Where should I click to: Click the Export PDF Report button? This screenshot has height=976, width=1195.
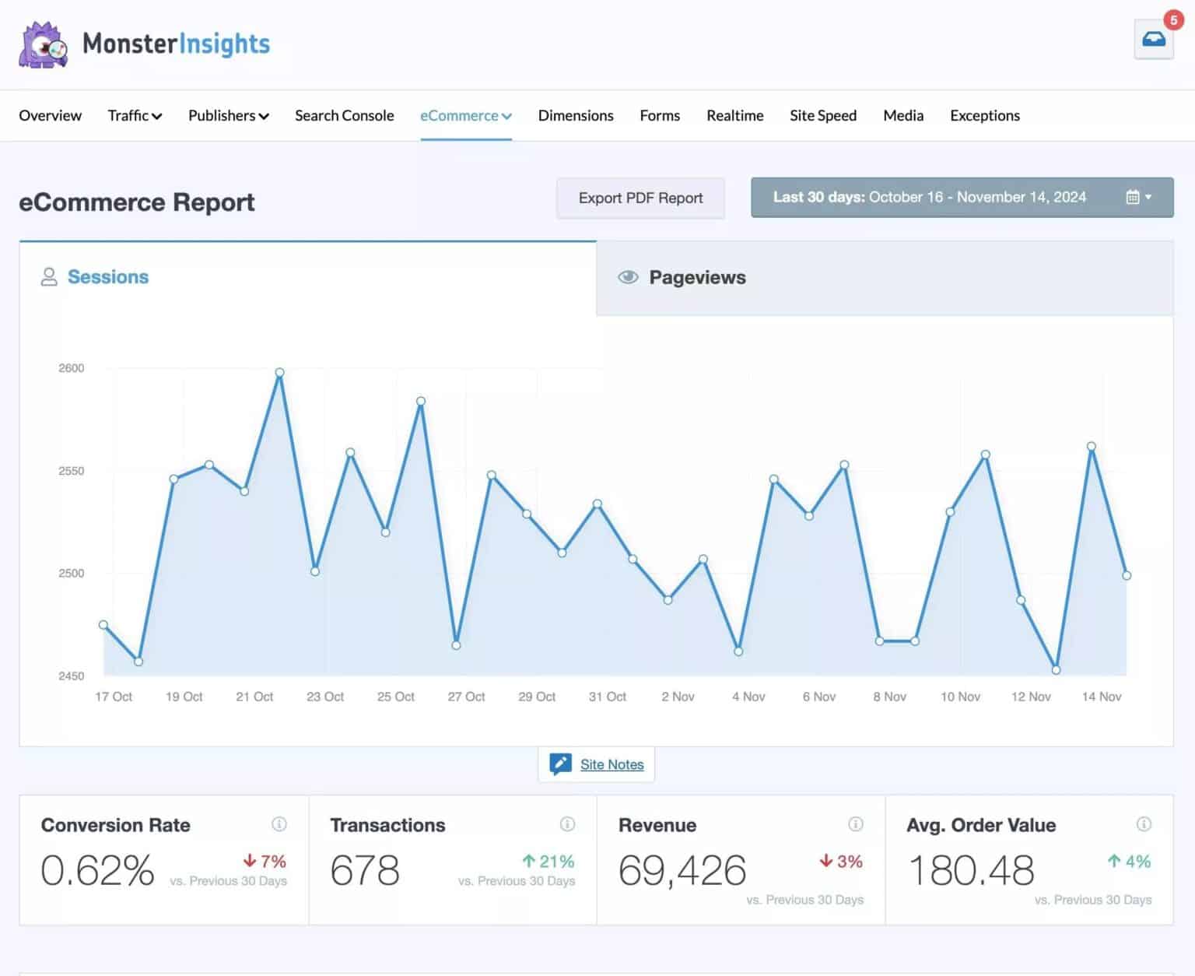(640, 198)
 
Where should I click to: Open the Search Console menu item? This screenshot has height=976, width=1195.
(344, 115)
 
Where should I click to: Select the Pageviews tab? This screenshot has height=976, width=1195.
(697, 277)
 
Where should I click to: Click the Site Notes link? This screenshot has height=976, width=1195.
(612, 764)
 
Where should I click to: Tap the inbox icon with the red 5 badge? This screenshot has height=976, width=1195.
(1153, 39)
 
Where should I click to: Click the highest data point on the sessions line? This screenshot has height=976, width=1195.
(279, 373)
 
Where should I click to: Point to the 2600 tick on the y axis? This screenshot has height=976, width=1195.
(72, 368)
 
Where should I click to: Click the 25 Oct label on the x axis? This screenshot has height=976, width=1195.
(395, 697)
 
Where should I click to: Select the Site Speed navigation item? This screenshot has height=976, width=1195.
(822, 115)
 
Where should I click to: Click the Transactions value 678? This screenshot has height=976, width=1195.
(364, 870)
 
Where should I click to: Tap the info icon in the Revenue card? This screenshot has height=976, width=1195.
(855, 824)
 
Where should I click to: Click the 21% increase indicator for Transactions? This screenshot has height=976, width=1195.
(548, 862)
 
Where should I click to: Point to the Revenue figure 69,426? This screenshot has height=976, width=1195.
(682, 870)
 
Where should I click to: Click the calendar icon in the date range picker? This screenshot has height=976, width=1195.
(1133, 197)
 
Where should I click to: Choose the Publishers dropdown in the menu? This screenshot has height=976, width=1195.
(228, 115)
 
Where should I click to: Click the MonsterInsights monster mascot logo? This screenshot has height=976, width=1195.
(43, 44)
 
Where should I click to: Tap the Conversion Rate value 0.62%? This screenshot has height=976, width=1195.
(97, 870)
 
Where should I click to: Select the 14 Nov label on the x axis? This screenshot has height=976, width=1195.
(1101, 697)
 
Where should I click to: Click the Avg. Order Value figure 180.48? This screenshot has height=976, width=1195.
(971, 870)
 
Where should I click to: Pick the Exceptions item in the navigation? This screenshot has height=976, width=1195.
(984, 115)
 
